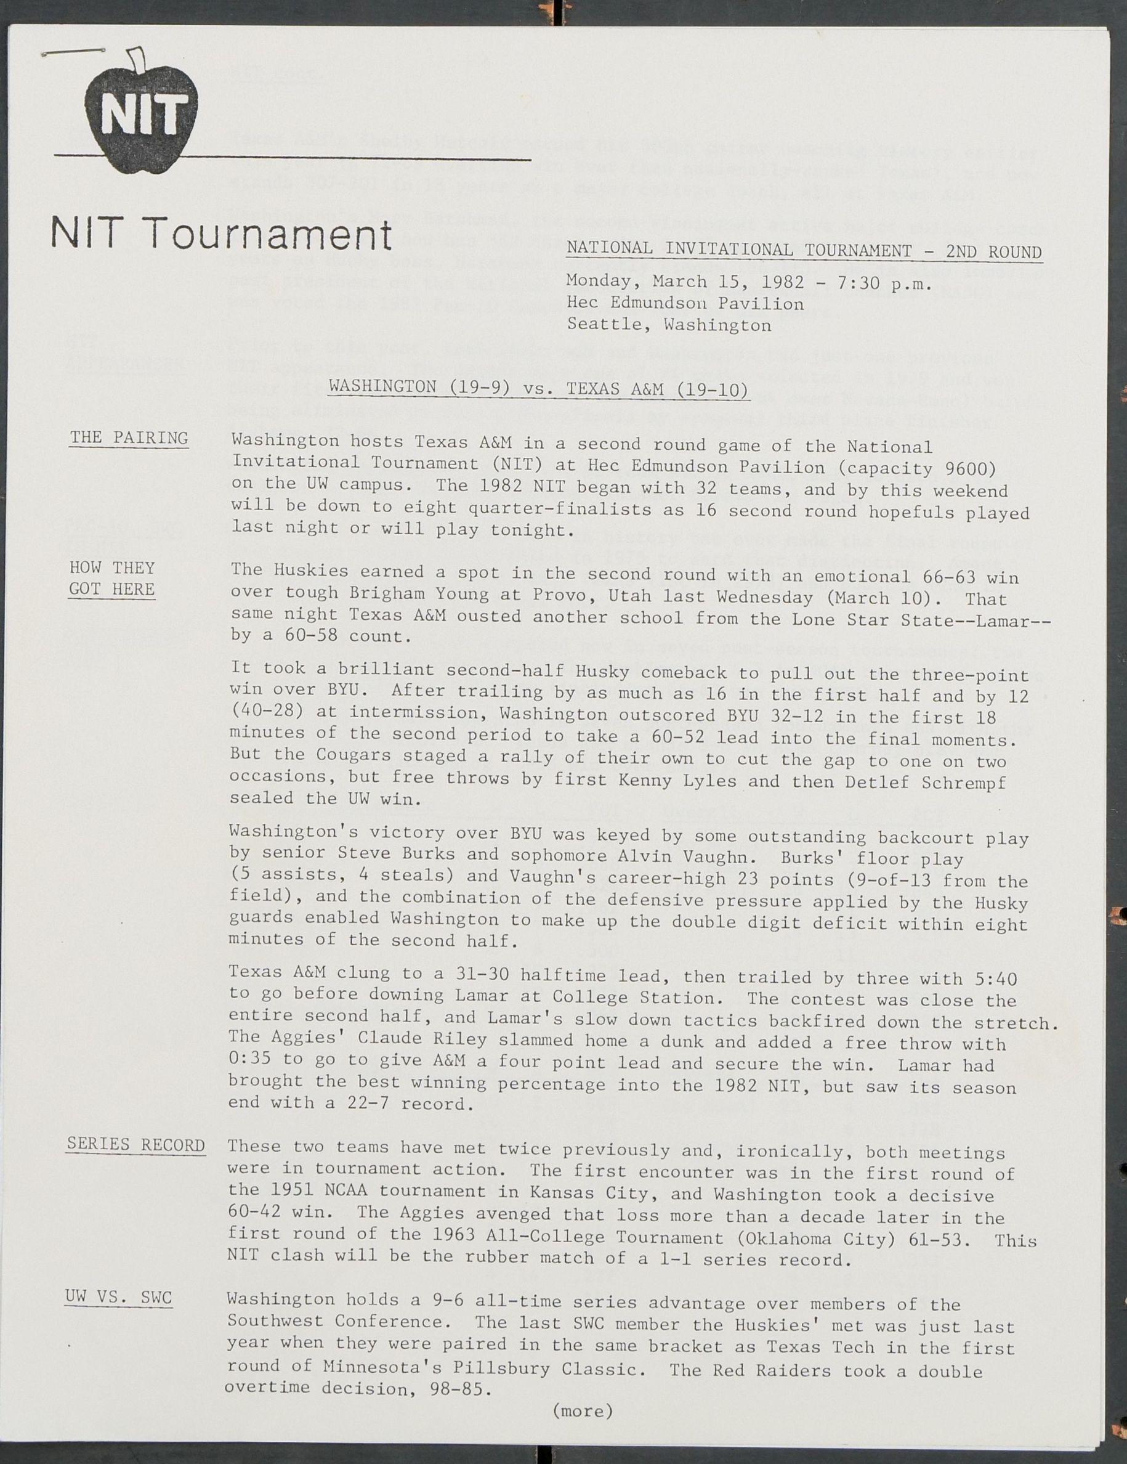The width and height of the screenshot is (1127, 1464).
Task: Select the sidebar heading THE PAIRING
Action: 129,438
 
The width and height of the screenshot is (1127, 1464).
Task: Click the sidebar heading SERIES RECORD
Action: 136,1144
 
